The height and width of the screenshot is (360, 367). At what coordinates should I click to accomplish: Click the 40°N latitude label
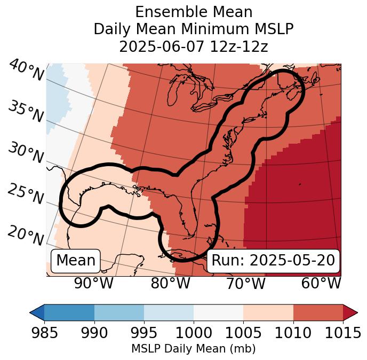point(26,71)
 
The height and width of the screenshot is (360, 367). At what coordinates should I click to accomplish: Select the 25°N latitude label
point(26,194)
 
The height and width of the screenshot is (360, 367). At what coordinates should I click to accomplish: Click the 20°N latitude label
point(26,236)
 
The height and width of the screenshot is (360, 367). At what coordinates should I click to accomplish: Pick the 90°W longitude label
point(94,284)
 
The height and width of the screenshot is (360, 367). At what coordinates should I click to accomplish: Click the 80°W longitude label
point(170,284)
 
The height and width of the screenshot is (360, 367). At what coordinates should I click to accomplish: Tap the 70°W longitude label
point(246,284)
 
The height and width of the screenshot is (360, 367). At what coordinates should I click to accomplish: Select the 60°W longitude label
point(321,284)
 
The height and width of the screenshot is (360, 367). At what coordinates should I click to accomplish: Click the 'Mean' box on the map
point(76,261)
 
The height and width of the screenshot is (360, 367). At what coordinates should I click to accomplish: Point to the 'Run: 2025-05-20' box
point(273,261)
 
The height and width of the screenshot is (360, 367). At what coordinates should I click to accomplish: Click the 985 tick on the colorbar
point(44,333)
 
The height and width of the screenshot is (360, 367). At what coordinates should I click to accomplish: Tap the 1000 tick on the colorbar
point(193,333)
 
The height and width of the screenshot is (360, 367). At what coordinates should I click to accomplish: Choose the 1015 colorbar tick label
point(342,333)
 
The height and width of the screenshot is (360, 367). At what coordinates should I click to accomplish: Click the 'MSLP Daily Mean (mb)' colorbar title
point(193,349)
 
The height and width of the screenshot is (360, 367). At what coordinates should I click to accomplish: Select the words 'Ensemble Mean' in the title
point(193,12)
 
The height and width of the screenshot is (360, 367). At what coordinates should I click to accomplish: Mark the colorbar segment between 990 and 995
point(119,312)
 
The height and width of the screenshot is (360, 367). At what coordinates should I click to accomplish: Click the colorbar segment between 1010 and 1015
point(317,312)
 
